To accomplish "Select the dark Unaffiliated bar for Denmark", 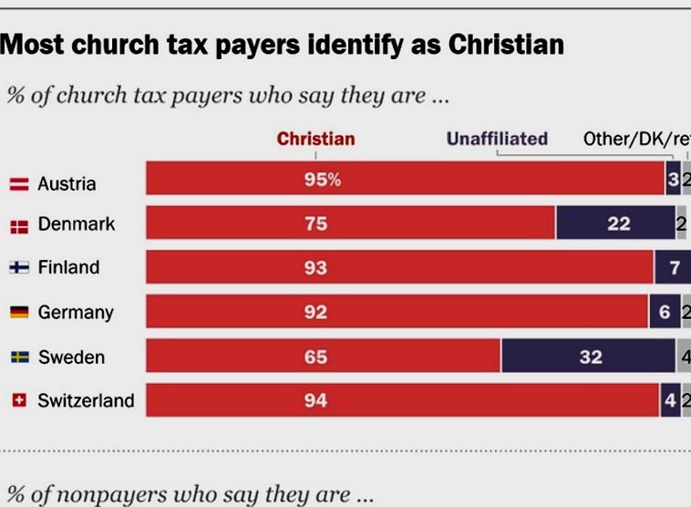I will point(615,223).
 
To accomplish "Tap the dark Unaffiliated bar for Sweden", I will point(588,357).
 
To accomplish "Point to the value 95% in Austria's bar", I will point(322,180).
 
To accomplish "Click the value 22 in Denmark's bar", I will point(619,223).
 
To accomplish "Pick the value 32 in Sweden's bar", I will point(591,357).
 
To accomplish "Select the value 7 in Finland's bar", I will point(675,268).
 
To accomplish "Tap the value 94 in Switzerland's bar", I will point(315,400).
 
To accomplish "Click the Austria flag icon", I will point(18,184).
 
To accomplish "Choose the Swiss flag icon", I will point(18,400).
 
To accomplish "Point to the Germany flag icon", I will point(18,313).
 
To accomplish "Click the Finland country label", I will point(68,268).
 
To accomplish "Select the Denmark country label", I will point(77,223).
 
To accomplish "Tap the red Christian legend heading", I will point(315,140).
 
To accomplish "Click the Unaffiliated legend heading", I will point(497,140).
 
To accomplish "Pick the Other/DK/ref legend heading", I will point(636,140).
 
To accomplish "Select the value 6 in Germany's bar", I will point(665,313).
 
